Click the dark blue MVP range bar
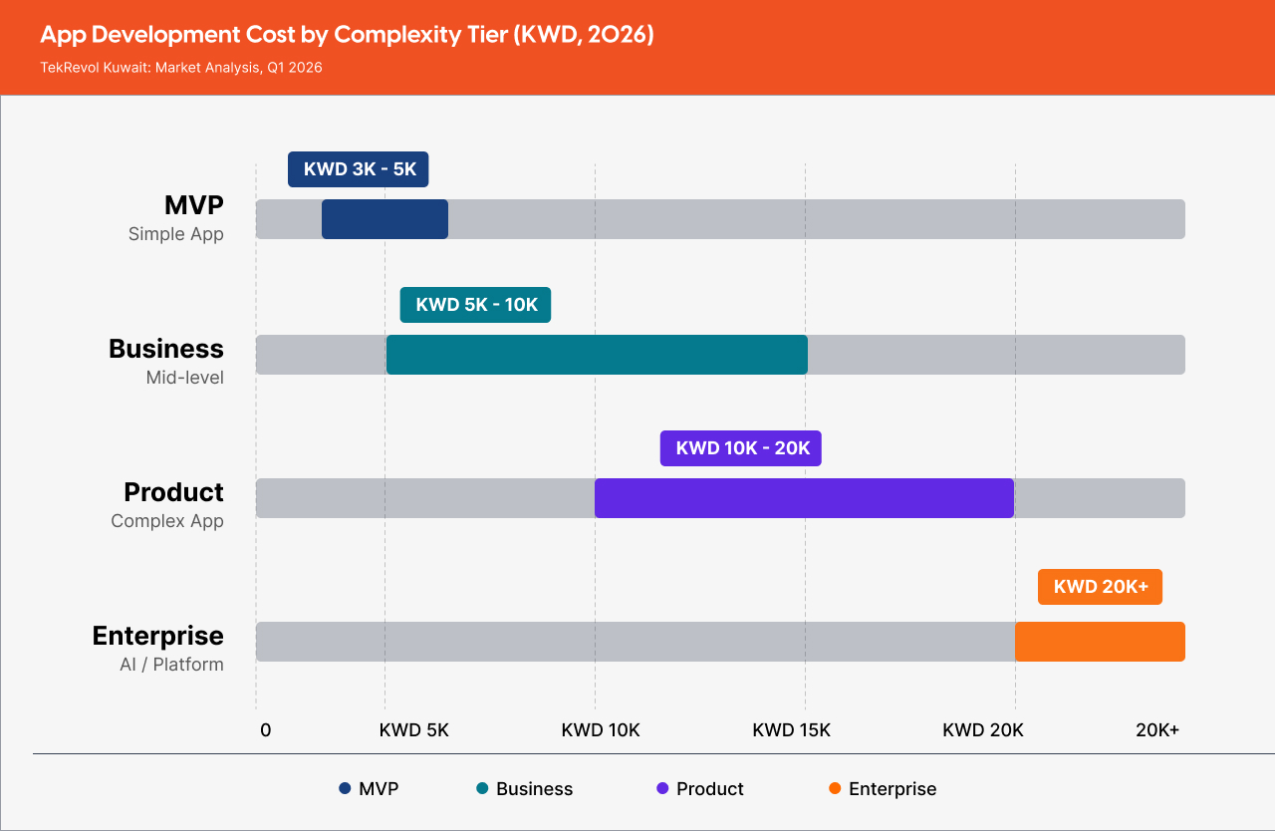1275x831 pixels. (384, 219)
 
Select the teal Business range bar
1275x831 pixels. (597, 355)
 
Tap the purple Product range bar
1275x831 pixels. (804, 498)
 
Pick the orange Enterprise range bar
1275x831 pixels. (1100, 642)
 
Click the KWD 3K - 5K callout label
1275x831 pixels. (359, 169)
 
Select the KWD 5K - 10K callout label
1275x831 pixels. (475, 305)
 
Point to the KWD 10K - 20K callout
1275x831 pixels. (741, 448)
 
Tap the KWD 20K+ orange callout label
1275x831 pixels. (1100, 587)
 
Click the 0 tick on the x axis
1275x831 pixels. (265, 729)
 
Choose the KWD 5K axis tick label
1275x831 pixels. (414, 729)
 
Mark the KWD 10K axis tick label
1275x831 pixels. (601, 729)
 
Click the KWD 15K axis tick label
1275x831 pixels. (791, 729)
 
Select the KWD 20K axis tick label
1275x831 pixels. (983, 729)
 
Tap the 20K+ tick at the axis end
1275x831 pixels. (1157, 729)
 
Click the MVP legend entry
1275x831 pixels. (369, 789)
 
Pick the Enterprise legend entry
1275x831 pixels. (883, 789)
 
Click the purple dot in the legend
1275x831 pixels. (662, 789)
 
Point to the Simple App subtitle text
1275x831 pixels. (176, 234)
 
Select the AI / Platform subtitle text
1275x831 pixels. (171, 665)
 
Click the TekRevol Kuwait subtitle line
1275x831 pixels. (181, 68)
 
